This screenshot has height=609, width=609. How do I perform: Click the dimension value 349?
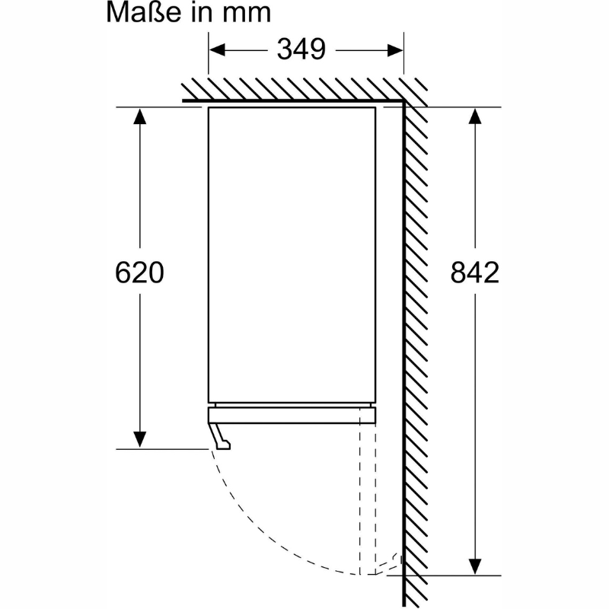coord(301,49)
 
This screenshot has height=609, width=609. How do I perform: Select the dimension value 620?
coord(139,273)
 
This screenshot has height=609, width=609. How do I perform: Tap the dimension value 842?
coord(474,273)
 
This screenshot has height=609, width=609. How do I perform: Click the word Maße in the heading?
coord(143,12)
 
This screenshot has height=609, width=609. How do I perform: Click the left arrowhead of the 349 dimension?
coord(217,50)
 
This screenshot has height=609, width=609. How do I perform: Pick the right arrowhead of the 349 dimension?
coord(395,50)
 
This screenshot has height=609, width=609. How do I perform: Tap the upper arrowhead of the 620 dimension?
coord(139,116)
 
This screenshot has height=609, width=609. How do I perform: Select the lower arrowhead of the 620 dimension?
coord(139,440)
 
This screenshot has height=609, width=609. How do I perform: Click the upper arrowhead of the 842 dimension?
coord(474,116)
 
